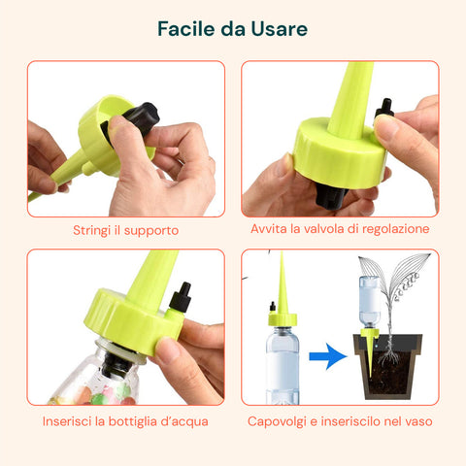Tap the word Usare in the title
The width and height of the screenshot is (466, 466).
[x=279, y=29]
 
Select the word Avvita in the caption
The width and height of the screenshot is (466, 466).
[x=270, y=230]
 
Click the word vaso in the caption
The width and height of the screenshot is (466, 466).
[x=415, y=421]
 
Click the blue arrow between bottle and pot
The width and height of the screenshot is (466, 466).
[x=329, y=356]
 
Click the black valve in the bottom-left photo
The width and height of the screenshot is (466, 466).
[x=181, y=295]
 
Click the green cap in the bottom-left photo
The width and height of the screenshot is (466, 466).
[x=136, y=316]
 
